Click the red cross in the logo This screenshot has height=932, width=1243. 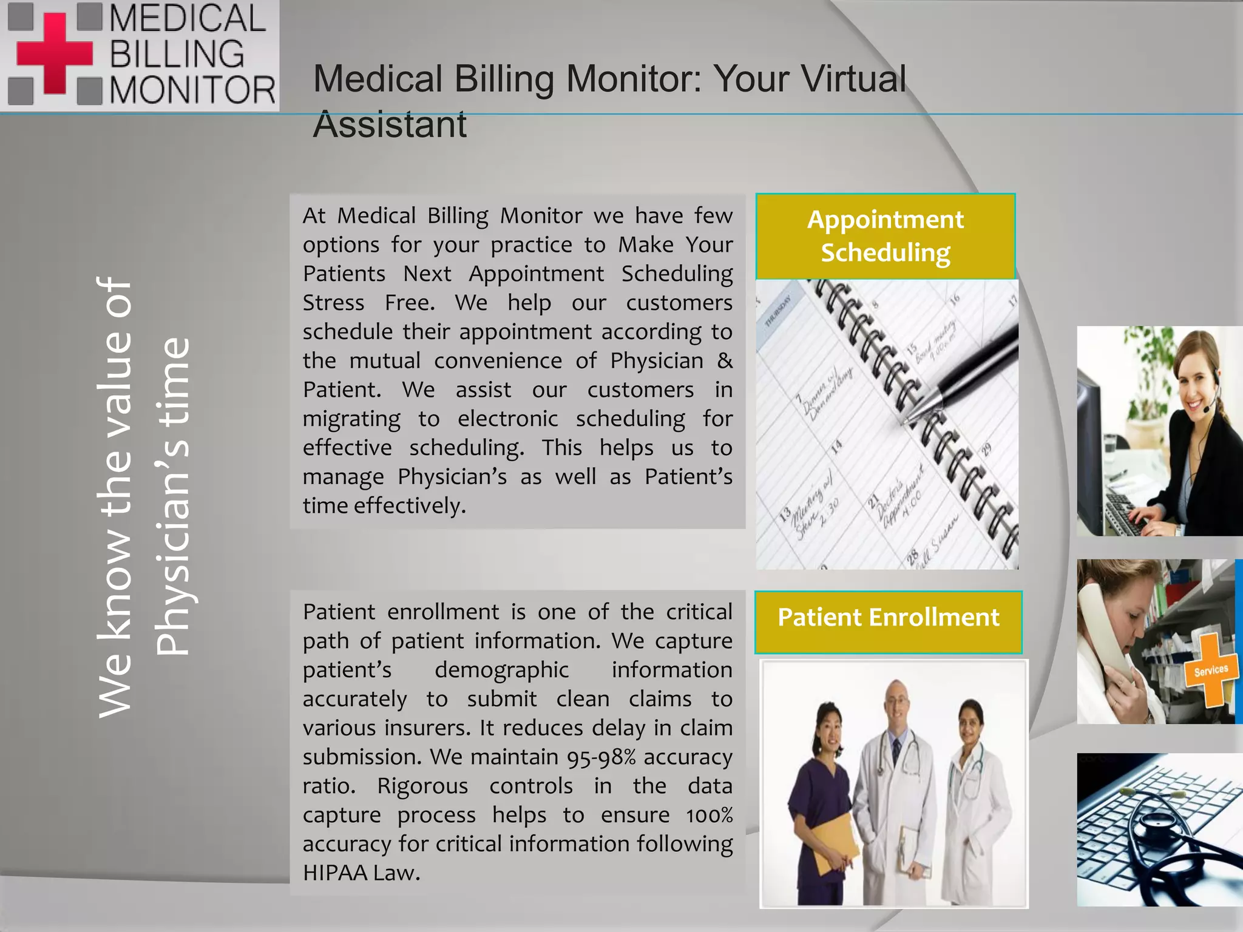tap(54, 53)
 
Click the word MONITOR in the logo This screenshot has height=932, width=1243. tap(192, 90)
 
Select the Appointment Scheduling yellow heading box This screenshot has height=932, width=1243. tap(885, 236)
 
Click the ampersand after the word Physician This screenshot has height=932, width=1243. tap(725, 361)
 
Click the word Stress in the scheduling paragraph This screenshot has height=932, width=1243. tap(333, 303)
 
